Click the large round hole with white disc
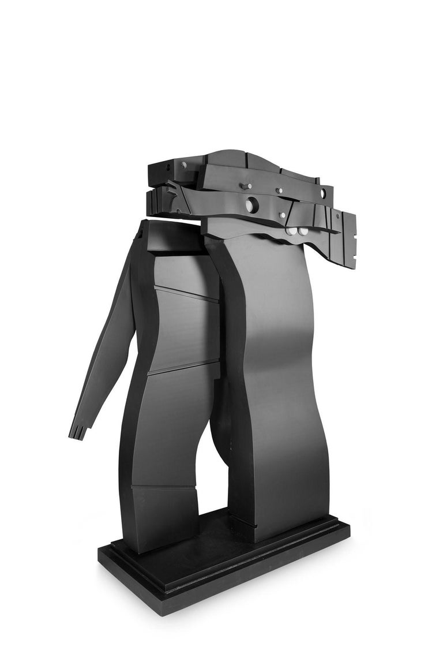[252, 204]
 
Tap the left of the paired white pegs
[293, 231]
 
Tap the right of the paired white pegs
[303, 231]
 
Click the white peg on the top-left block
[183, 165]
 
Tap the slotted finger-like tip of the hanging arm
[77, 431]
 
